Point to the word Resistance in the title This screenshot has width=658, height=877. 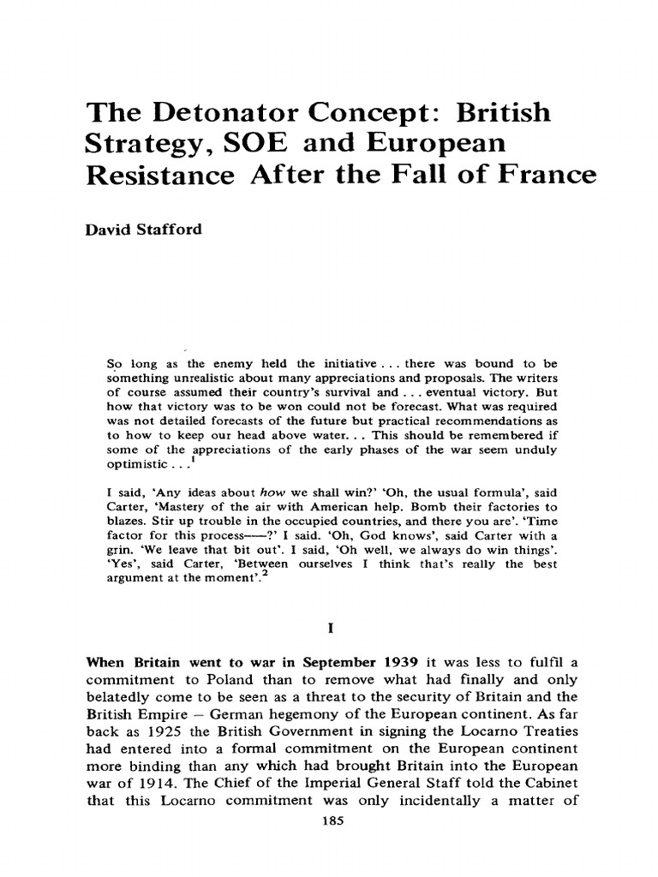click(x=168, y=176)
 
